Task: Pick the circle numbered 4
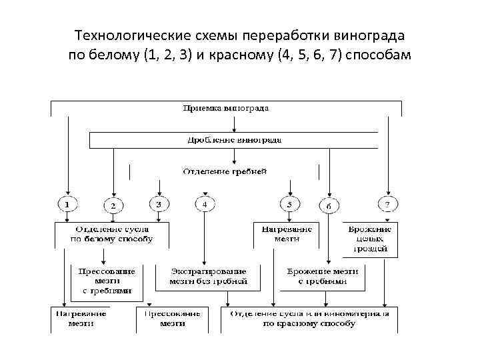(x=205, y=203)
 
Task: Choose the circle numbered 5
(x=289, y=203)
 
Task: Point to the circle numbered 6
(x=328, y=206)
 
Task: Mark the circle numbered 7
(x=387, y=202)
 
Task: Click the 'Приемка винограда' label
(x=226, y=107)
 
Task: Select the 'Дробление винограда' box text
(x=233, y=140)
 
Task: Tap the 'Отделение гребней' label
(x=225, y=171)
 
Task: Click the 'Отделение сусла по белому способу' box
(x=112, y=234)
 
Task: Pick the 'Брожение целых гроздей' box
(x=371, y=239)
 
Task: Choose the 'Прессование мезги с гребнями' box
(x=107, y=281)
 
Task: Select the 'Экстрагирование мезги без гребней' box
(x=209, y=277)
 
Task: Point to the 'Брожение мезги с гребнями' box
(x=322, y=277)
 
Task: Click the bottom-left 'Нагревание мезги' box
(x=81, y=318)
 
